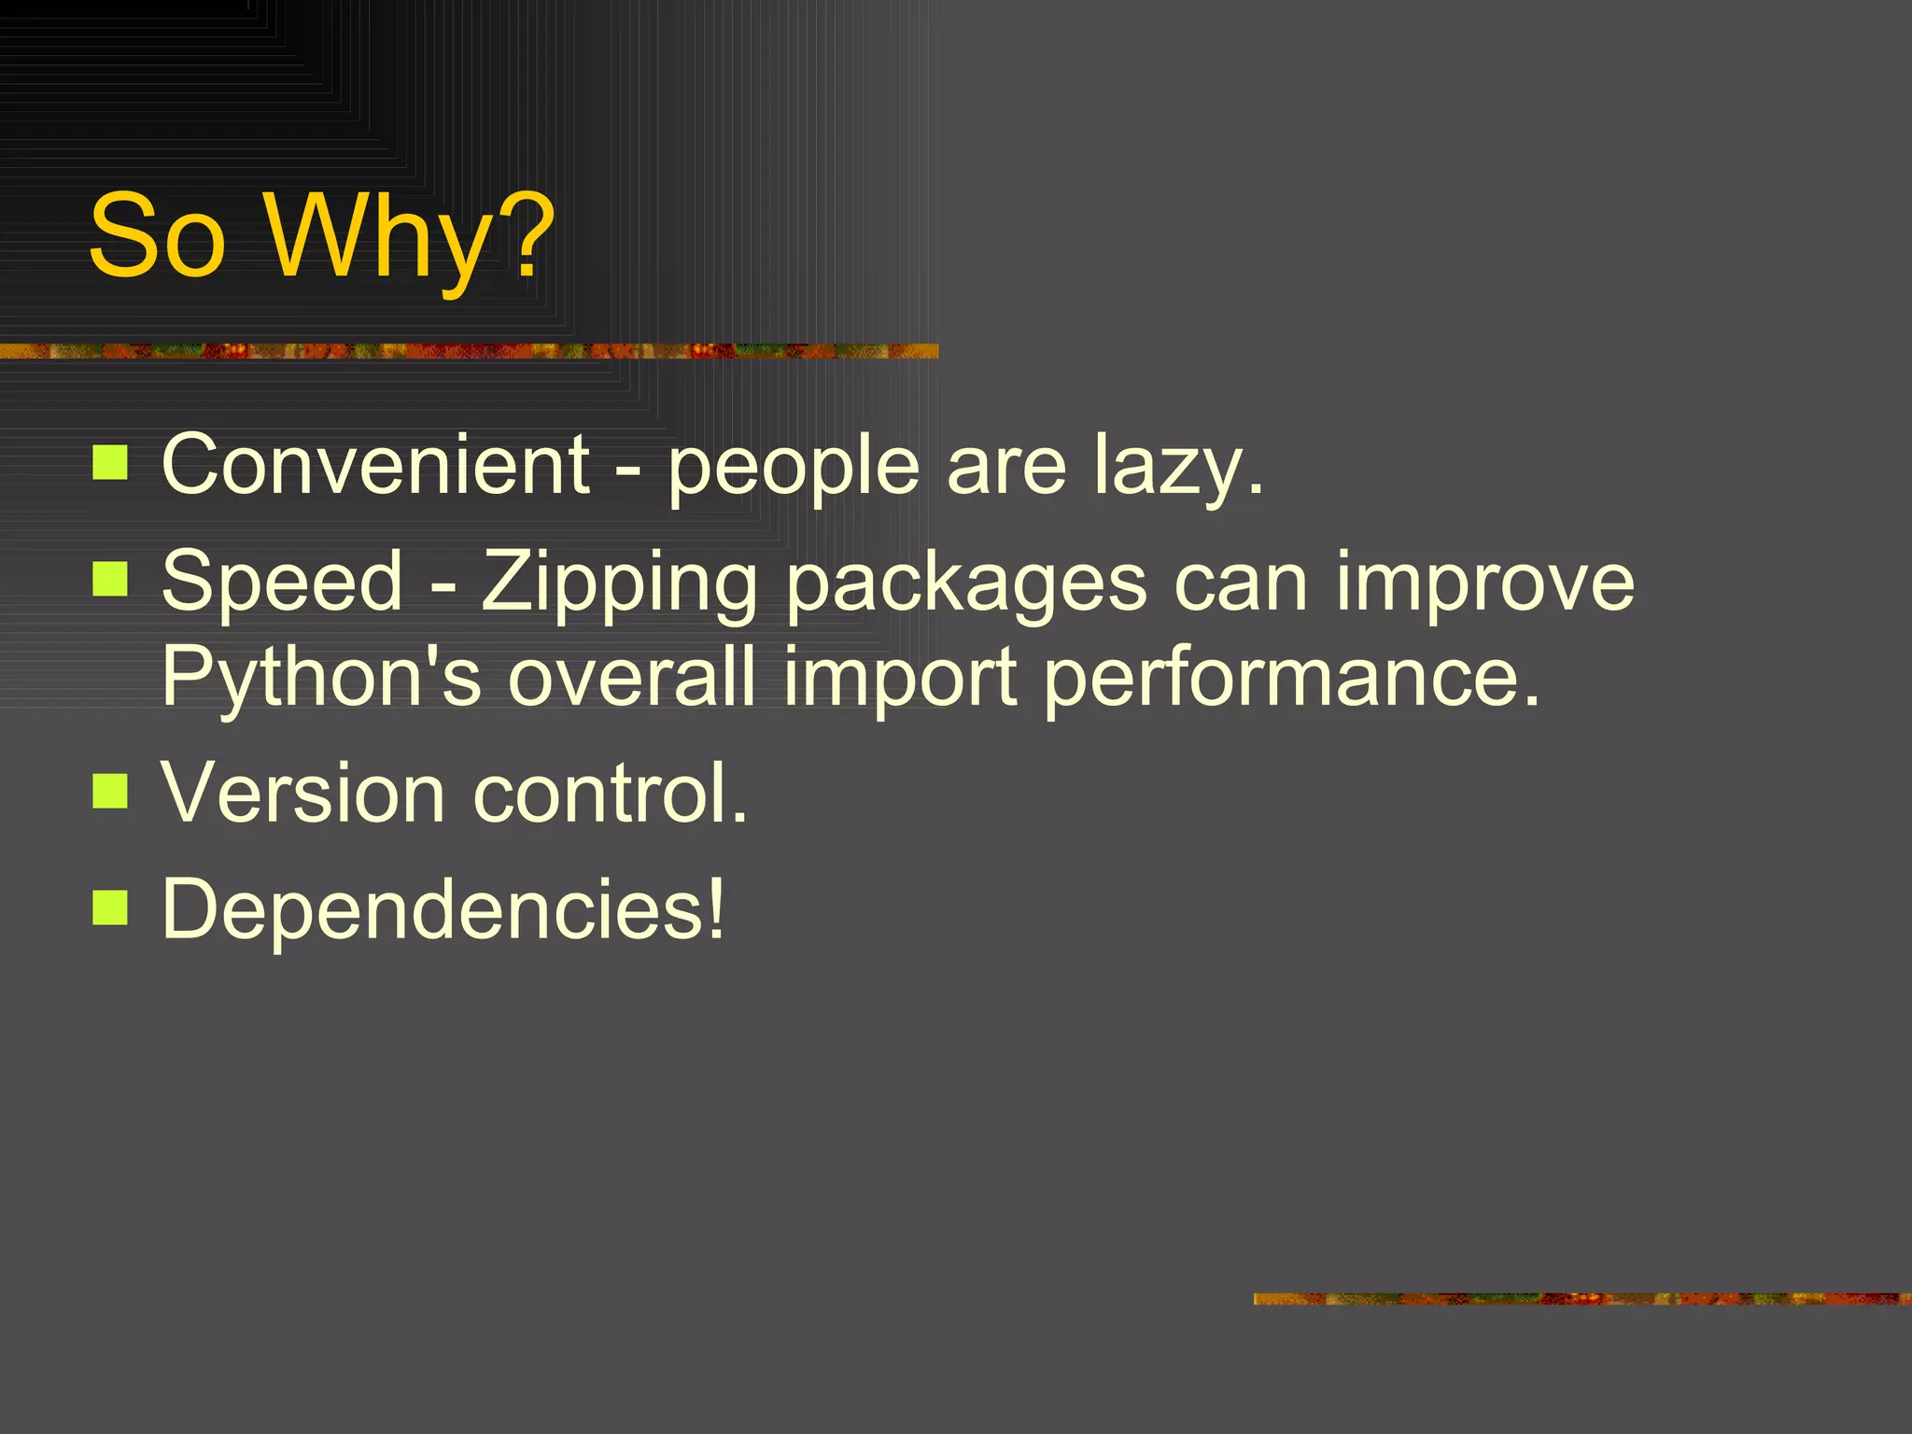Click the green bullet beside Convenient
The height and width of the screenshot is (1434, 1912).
[110, 462]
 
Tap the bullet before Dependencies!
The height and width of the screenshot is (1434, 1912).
[110, 907]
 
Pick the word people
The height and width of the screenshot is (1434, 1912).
[794, 467]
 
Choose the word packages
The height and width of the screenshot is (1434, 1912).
[966, 584]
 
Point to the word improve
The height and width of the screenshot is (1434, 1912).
[1484, 584]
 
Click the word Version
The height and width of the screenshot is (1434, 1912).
[302, 793]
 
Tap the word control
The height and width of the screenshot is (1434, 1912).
[611, 793]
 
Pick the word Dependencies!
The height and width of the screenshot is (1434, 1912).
[443, 909]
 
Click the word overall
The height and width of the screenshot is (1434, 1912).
[631, 676]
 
